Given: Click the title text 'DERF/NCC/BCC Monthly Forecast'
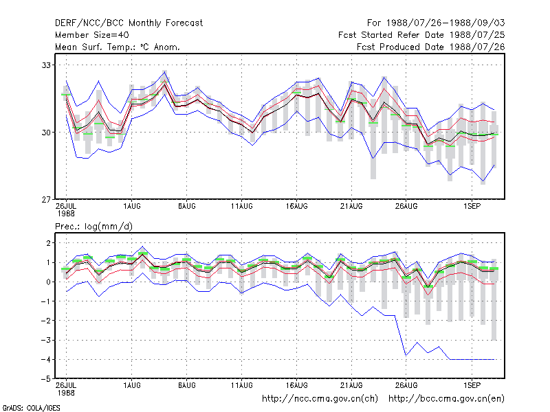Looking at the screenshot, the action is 129,23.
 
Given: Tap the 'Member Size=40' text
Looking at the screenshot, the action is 92,35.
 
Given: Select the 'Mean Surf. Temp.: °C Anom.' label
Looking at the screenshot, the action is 118,47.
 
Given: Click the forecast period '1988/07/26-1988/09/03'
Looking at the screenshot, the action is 445,23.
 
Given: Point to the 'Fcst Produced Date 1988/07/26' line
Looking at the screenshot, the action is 431,47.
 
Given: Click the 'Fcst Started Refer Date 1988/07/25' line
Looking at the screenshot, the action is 421,35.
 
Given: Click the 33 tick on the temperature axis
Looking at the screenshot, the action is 46,65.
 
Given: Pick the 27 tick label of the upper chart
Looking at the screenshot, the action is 46,200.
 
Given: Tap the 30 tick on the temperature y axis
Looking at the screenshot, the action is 46,133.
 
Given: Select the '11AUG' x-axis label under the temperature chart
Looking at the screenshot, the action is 242,207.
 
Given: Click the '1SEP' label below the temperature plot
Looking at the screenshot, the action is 472,207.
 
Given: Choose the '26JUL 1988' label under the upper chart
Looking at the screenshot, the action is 66,210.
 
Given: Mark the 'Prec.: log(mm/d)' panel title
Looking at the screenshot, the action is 93,227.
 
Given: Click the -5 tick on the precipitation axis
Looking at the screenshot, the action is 46,379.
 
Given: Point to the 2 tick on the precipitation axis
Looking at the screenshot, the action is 48,243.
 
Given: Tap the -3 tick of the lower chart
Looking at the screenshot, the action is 46,340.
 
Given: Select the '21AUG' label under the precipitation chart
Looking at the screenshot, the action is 351,385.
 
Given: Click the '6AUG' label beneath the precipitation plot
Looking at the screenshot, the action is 186,385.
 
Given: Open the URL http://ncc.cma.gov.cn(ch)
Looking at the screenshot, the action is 320,399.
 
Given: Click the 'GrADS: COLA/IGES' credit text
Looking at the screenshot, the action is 31,408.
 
